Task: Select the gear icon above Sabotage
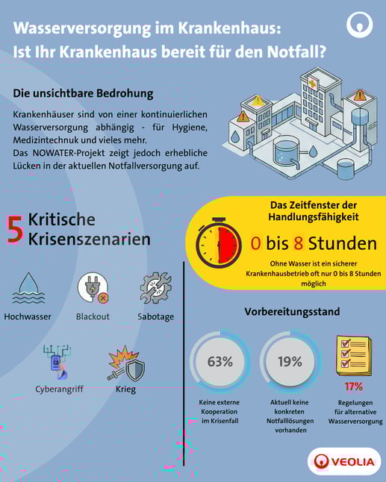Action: pos(156,288)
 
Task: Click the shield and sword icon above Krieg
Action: pos(125,361)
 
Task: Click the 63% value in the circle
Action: pos(220,362)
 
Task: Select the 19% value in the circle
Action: pos(290,362)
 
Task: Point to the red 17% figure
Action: pos(354,386)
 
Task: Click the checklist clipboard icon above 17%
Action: pos(354,354)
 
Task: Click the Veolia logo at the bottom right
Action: pos(344,461)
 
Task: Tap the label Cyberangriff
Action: pos(59,389)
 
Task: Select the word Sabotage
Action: pos(156,316)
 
